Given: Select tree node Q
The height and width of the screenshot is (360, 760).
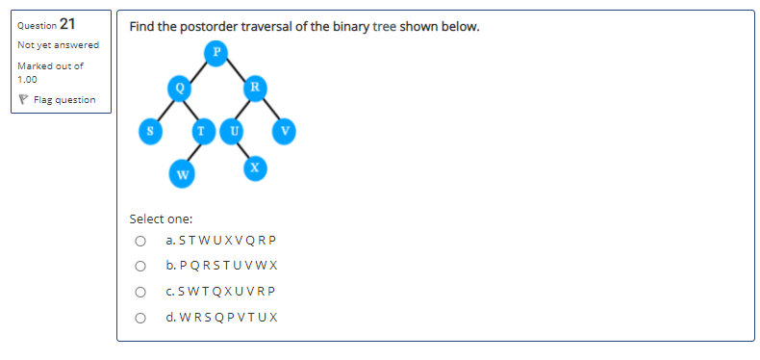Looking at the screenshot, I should [179, 88].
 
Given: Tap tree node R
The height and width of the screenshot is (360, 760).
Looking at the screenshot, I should [254, 88].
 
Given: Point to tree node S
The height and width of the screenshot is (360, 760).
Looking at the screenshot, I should [149, 130].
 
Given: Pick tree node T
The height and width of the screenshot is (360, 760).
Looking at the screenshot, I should [200, 130].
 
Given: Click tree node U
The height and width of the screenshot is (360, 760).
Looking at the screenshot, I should [231, 130].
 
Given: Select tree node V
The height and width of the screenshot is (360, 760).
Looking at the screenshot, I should [285, 130].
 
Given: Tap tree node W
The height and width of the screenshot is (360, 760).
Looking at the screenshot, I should [180, 174].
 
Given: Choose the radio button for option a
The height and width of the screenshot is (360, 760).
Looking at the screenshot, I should [140, 241].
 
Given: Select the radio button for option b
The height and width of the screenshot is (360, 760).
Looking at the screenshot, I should [140, 266].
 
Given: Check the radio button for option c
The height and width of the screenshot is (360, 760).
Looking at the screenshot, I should [140, 291].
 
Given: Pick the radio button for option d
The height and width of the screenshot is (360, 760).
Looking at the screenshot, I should [140, 316].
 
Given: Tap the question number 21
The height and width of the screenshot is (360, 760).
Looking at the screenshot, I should [68, 24].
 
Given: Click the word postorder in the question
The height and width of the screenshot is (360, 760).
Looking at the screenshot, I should [201, 26].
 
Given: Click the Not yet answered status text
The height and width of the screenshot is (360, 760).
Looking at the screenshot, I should [58, 45].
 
